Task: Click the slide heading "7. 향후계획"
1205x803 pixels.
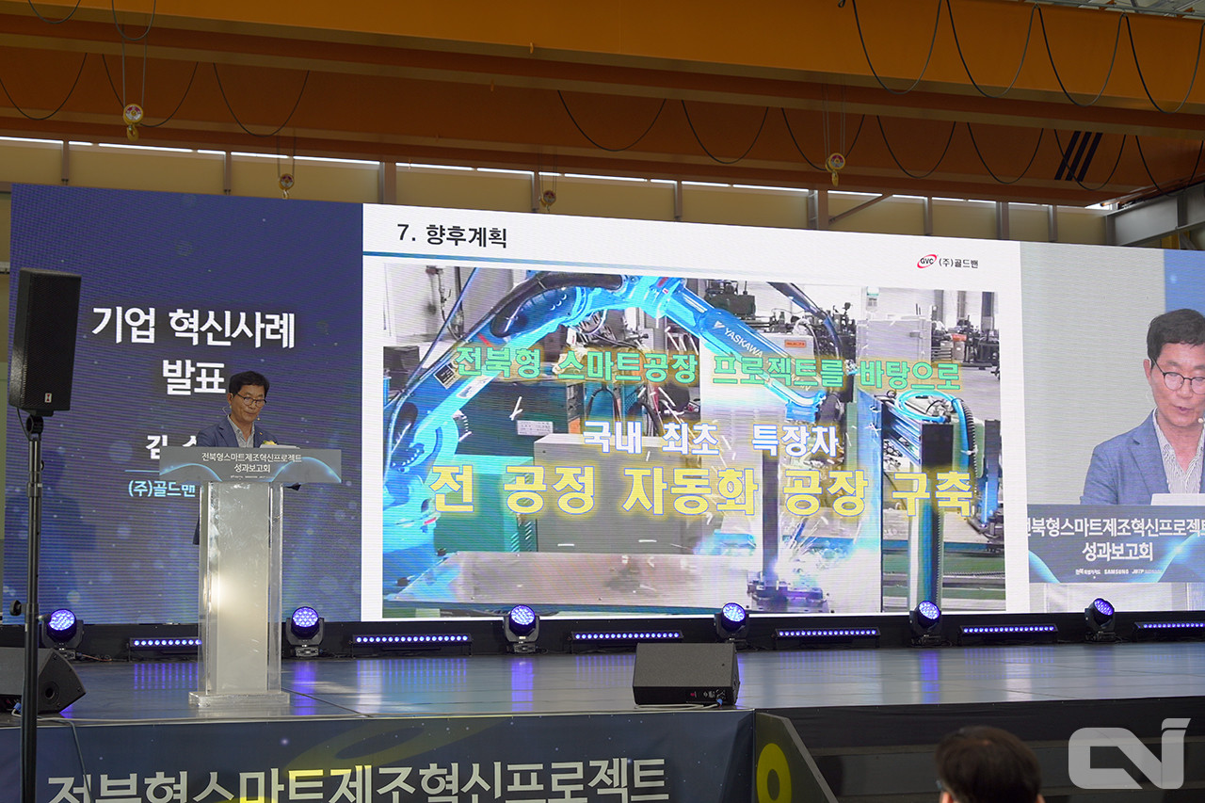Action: pos(452,235)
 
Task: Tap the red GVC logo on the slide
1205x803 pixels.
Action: pos(926,261)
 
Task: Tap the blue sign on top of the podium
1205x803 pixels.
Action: pos(249,464)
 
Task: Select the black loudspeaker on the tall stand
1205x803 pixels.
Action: pos(44,341)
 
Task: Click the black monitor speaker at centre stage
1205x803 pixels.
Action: pos(685,673)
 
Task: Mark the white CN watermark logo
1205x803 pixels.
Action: pos(1128,753)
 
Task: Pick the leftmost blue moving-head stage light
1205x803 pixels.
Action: pos(62,626)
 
